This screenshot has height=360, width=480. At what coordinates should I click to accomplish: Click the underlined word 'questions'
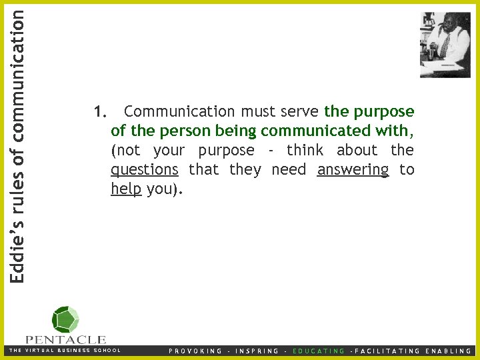pyautogui.click(x=144, y=170)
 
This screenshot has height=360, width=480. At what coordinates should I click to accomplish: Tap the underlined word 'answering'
pyautogui.click(x=353, y=170)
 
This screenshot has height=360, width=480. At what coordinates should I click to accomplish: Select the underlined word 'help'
pyautogui.click(x=126, y=189)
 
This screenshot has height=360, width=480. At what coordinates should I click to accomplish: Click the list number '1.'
pyautogui.click(x=101, y=111)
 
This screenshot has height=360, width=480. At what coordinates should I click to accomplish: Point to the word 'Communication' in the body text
pyautogui.click(x=179, y=111)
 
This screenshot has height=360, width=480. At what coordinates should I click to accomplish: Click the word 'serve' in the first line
pyautogui.click(x=300, y=111)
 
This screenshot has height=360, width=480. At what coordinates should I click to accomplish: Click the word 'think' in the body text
pyautogui.click(x=305, y=151)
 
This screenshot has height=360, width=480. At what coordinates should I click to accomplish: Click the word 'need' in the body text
pyautogui.click(x=289, y=170)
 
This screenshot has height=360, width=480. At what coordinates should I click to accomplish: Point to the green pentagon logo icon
pyautogui.click(x=65, y=319)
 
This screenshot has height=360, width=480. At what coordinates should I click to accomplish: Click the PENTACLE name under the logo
pyautogui.click(x=65, y=339)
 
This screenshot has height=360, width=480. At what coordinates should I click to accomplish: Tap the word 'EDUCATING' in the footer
pyautogui.click(x=319, y=351)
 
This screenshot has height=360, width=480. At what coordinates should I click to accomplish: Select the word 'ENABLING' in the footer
pyautogui.click(x=449, y=351)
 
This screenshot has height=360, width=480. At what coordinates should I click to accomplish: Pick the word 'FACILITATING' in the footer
pyautogui.click(x=387, y=351)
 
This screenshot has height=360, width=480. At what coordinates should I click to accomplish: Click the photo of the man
pyautogui.click(x=445, y=45)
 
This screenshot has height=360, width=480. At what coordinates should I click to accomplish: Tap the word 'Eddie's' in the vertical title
pyautogui.click(x=19, y=249)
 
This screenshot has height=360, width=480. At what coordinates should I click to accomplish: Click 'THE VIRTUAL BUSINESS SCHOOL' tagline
pyautogui.click(x=65, y=351)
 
